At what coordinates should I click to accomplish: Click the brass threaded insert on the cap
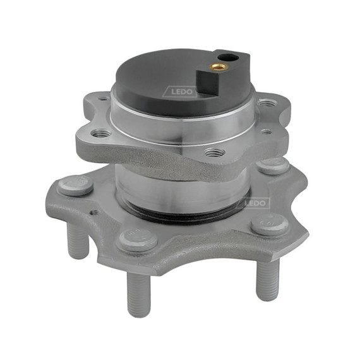(x=220, y=66)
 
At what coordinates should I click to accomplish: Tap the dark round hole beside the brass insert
(x=228, y=57)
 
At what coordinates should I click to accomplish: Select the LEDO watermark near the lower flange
(x=255, y=203)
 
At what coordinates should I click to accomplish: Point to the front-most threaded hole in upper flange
(x=215, y=152)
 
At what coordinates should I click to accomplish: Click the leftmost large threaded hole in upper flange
(x=100, y=133)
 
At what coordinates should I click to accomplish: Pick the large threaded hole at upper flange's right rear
(x=266, y=102)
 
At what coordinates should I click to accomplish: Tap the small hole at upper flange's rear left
(x=104, y=99)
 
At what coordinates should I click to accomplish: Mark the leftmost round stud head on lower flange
(x=75, y=185)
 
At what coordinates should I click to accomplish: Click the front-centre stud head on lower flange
(x=138, y=240)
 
